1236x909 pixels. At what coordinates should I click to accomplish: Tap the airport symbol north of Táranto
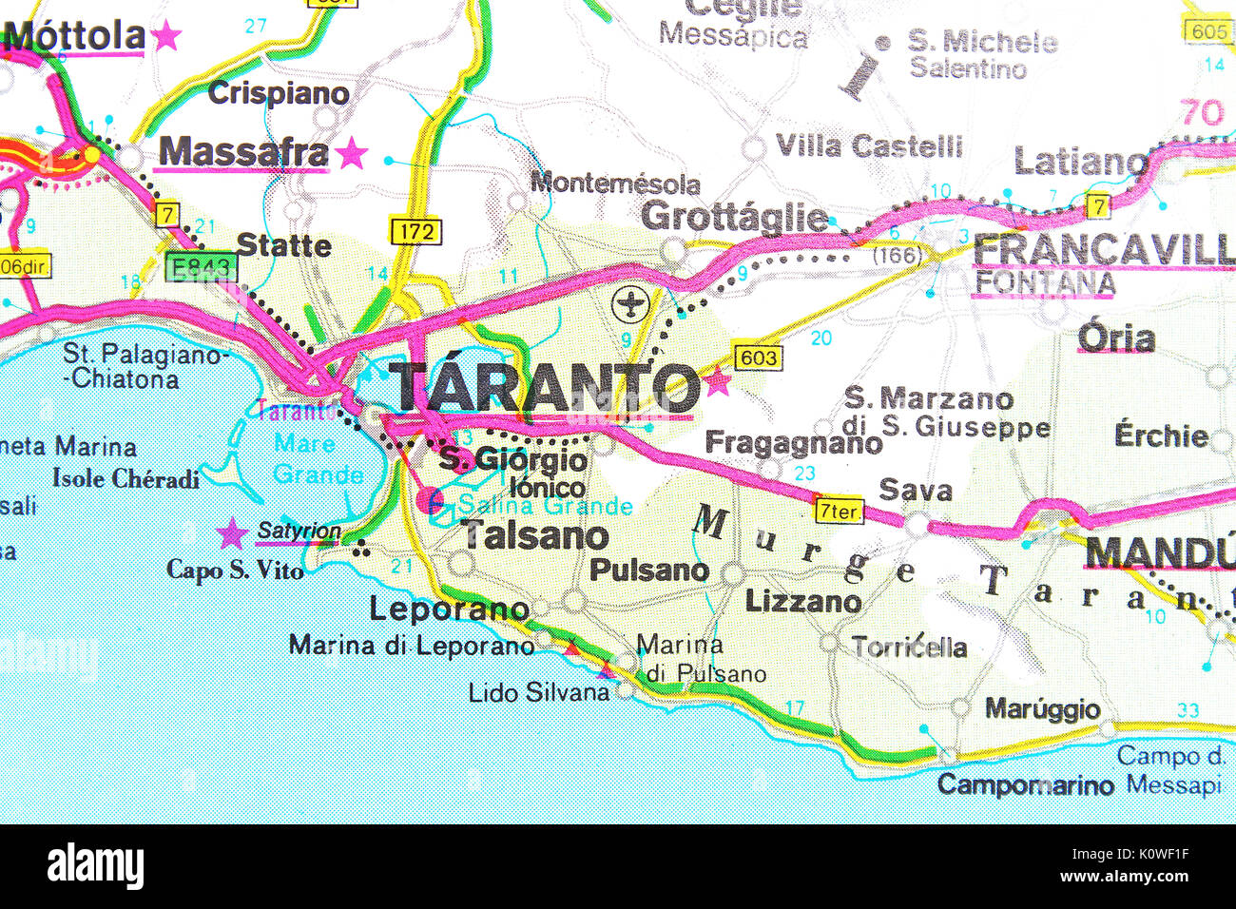point(628,305)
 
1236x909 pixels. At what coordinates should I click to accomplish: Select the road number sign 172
point(415,231)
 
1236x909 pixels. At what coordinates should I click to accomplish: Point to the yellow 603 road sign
point(757,358)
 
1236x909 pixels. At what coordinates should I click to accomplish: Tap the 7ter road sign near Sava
point(839,511)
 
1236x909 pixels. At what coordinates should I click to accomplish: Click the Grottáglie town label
point(733,218)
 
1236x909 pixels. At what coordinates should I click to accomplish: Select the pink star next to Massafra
point(352,153)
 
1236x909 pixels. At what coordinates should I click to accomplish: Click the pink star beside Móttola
point(166,37)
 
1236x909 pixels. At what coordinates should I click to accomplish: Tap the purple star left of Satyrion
point(231,533)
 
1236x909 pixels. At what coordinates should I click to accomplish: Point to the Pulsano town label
point(649,571)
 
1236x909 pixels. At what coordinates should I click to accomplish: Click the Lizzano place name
point(802,602)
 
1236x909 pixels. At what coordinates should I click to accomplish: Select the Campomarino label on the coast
point(1025,785)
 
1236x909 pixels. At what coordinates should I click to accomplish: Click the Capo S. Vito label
point(235,570)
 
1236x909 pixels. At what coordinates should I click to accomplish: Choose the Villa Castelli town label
point(869,146)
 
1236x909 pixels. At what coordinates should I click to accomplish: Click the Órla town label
point(1116,338)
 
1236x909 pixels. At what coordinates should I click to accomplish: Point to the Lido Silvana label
point(538,692)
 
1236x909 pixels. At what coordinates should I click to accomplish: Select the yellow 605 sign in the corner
point(1207,30)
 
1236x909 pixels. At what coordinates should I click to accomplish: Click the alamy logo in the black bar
point(95,866)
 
